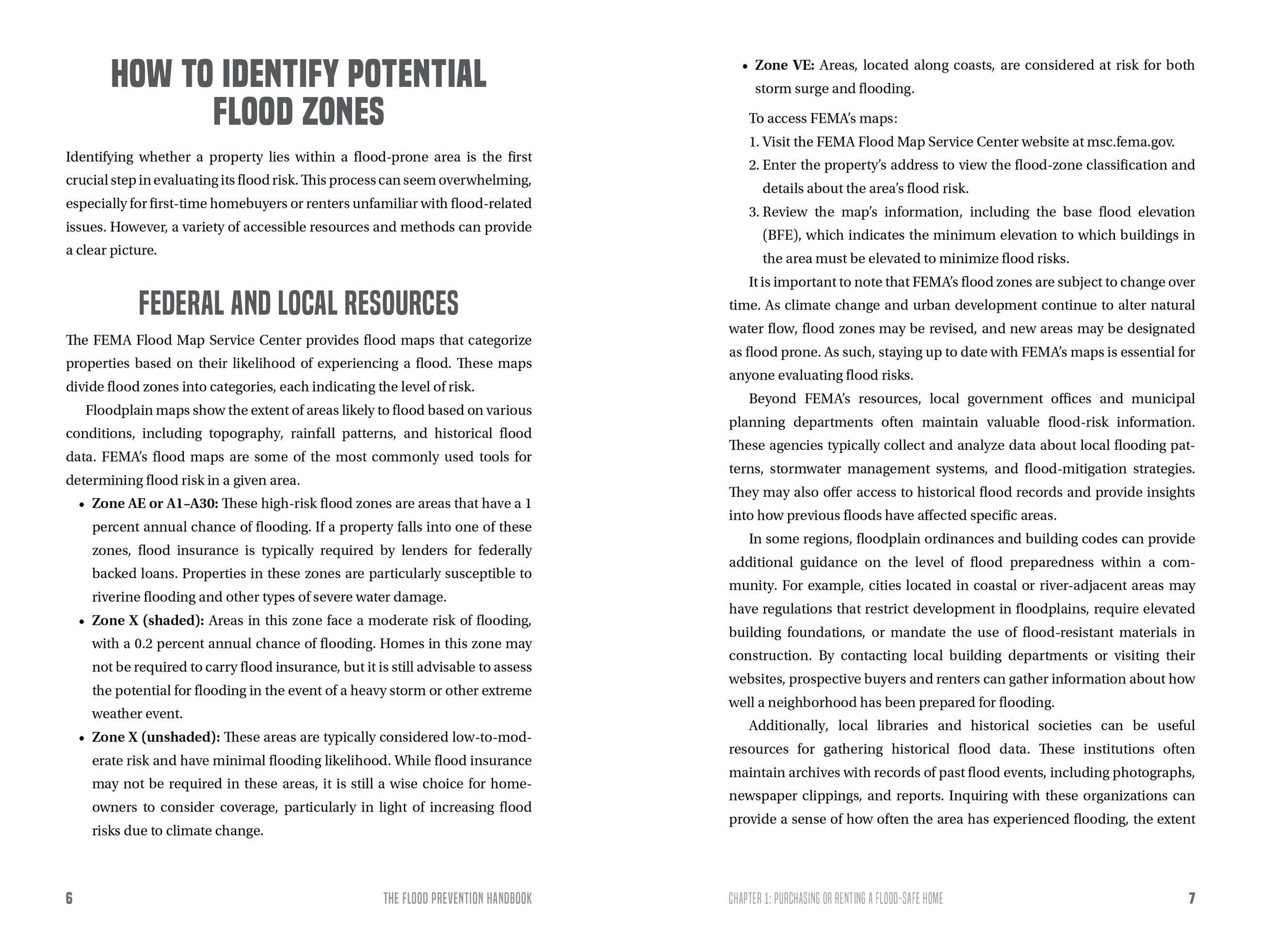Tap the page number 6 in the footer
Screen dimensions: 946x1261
pos(69,898)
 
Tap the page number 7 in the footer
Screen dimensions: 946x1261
pos(1191,898)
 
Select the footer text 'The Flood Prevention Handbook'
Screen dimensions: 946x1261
pos(457,899)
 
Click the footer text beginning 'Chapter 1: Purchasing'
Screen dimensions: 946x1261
pos(835,899)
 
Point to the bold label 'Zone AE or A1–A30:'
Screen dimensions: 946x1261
pos(155,503)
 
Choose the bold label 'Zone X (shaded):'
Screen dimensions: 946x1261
pos(148,620)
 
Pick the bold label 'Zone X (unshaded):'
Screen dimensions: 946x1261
pos(156,737)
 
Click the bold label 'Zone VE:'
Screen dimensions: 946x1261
pos(784,66)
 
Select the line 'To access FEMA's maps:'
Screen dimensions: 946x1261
pos(823,119)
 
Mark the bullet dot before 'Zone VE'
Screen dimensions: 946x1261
pos(745,67)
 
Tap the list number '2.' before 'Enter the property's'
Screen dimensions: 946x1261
pos(753,166)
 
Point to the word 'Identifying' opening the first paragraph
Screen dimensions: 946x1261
pos(99,157)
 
